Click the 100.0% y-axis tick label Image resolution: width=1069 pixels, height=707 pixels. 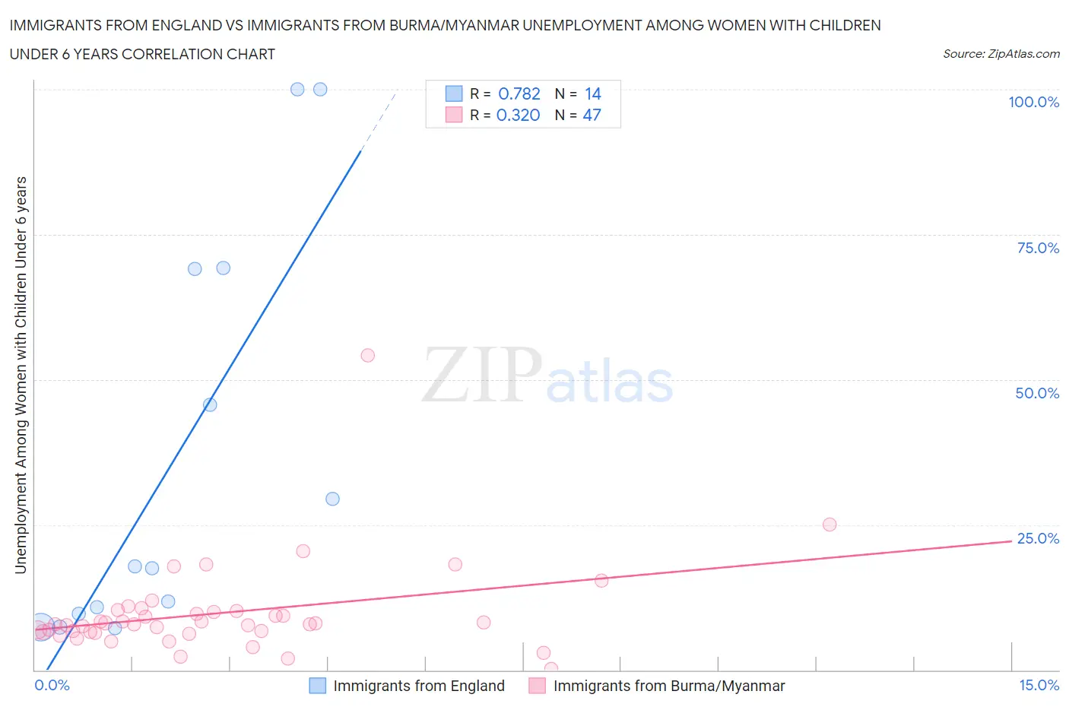1033,102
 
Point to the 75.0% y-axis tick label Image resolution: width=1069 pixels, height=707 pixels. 1038,248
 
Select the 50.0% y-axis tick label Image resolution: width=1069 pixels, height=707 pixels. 1037,393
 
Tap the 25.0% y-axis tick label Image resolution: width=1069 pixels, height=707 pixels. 1038,538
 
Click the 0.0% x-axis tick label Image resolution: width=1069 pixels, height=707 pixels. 52,685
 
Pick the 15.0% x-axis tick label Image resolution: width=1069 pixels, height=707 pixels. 1039,685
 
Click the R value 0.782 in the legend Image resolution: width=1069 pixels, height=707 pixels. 519,94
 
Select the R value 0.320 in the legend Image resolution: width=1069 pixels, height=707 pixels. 518,115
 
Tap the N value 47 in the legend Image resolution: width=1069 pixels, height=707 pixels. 592,115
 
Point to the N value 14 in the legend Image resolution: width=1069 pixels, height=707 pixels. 592,94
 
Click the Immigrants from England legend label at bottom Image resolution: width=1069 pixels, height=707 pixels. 418,686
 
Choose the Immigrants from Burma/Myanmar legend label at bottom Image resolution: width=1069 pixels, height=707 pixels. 668,686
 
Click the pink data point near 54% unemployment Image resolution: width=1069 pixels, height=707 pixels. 367,355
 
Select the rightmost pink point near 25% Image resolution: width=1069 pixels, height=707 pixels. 830,525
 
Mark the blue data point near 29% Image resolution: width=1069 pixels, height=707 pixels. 332,499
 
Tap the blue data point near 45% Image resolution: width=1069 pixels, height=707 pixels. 210,404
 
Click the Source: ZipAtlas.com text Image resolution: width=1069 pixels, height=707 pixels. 1001,54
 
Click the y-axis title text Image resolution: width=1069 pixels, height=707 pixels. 21,375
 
